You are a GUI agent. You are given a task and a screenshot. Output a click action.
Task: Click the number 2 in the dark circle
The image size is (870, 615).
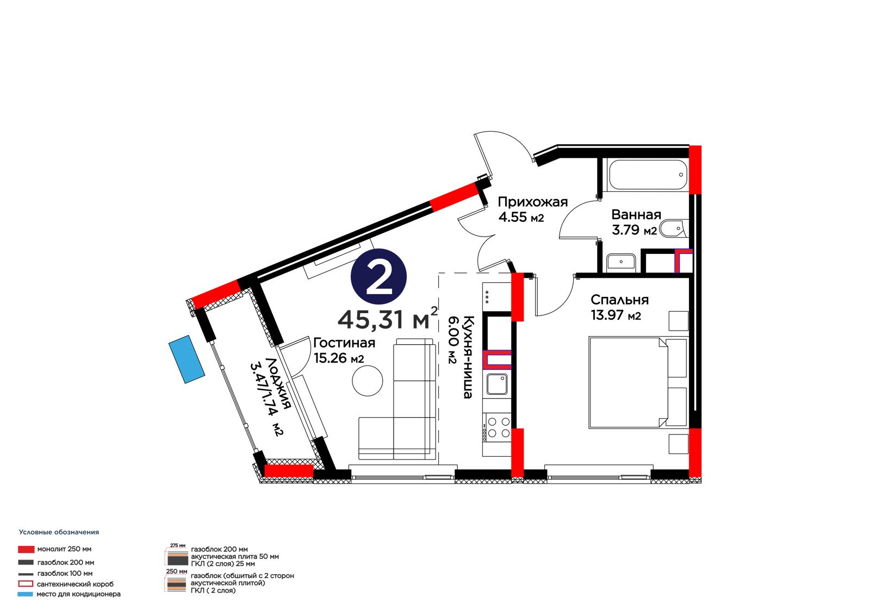click(x=378, y=277)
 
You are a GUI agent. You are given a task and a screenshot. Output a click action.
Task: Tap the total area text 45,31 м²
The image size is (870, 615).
click(x=388, y=319)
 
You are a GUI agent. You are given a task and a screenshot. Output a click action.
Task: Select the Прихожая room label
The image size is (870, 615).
click(x=532, y=202)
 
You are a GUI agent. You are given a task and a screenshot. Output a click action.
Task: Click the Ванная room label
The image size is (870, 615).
click(x=636, y=214)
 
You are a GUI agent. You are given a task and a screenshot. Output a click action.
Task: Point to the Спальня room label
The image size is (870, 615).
click(x=619, y=300)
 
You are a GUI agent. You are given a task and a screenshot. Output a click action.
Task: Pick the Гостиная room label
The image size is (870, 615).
click(x=344, y=343)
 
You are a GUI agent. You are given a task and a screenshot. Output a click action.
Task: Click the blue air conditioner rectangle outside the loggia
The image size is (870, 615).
click(x=187, y=359)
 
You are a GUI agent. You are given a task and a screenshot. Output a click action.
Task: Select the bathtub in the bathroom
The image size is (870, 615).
click(x=648, y=175)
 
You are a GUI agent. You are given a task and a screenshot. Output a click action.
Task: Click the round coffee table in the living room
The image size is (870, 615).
click(x=368, y=381)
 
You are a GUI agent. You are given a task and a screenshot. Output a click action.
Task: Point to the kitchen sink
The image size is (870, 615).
click(x=497, y=384)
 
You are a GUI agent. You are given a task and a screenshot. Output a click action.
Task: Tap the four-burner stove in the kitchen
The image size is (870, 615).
click(x=497, y=427)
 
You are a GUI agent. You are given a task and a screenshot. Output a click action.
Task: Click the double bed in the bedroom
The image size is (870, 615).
click(x=638, y=383)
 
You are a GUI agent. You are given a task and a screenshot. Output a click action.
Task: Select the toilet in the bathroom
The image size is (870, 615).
click(x=674, y=229)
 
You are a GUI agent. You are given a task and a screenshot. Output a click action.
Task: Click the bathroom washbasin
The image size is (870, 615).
click(x=621, y=262)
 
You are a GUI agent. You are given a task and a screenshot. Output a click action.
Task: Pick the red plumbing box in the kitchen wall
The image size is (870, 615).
click(x=497, y=359)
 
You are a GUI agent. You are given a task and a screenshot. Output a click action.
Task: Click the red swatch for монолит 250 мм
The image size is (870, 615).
click(x=26, y=549)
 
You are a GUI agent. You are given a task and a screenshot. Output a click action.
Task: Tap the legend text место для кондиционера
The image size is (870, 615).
click(x=78, y=594)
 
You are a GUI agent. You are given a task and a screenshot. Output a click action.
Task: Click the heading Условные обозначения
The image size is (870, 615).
click(x=59, y=532)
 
